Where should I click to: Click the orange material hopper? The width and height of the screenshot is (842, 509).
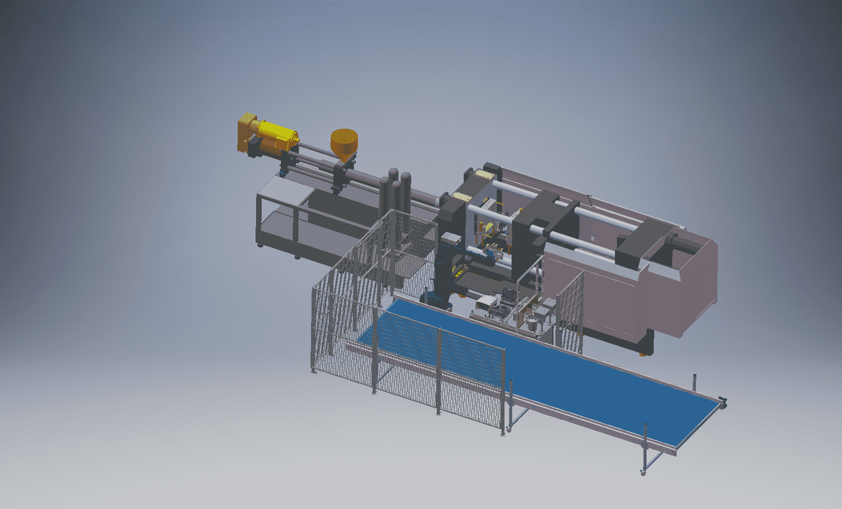pyautogui.click(x=344, y=143)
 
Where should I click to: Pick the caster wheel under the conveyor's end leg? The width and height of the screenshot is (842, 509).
pyautogui.click(x=643, y=473)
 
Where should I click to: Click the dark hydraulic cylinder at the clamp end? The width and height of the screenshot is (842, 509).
pyautogui.click(x=682, y=242)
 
